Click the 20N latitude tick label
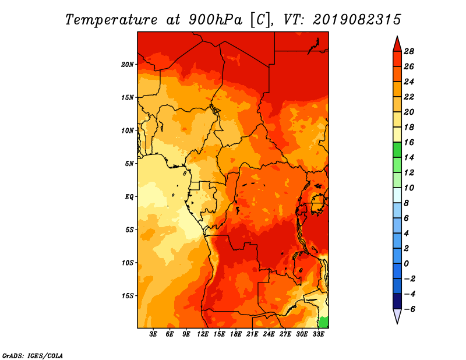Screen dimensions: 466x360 (x=128, y=65)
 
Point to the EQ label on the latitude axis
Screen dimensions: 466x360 (x=129, y=197)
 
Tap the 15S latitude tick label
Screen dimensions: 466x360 (x=128, y=296)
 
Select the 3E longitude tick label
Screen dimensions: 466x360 (x=153, y=334)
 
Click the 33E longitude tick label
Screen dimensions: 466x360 (x=318, y=334)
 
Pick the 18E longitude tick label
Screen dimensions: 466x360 (x=236, y=334)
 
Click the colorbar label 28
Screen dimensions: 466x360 (x=409, y=51)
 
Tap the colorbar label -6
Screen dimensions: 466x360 (x=409, y=309)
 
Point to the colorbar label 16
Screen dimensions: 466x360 (x=409, y=142)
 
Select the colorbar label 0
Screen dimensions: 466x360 (x=406, y=264)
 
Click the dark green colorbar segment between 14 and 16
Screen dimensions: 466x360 (x=397, y=150)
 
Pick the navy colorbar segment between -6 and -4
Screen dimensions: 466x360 (x=397, y=301)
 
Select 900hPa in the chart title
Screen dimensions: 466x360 (x=215, y=20)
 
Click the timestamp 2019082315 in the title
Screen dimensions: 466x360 (x=357, y=20)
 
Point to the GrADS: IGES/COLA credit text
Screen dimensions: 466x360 (x=33, y=355)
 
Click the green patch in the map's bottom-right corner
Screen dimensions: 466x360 (x=324, y=323)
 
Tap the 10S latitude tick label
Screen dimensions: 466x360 (x=128, y=263)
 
